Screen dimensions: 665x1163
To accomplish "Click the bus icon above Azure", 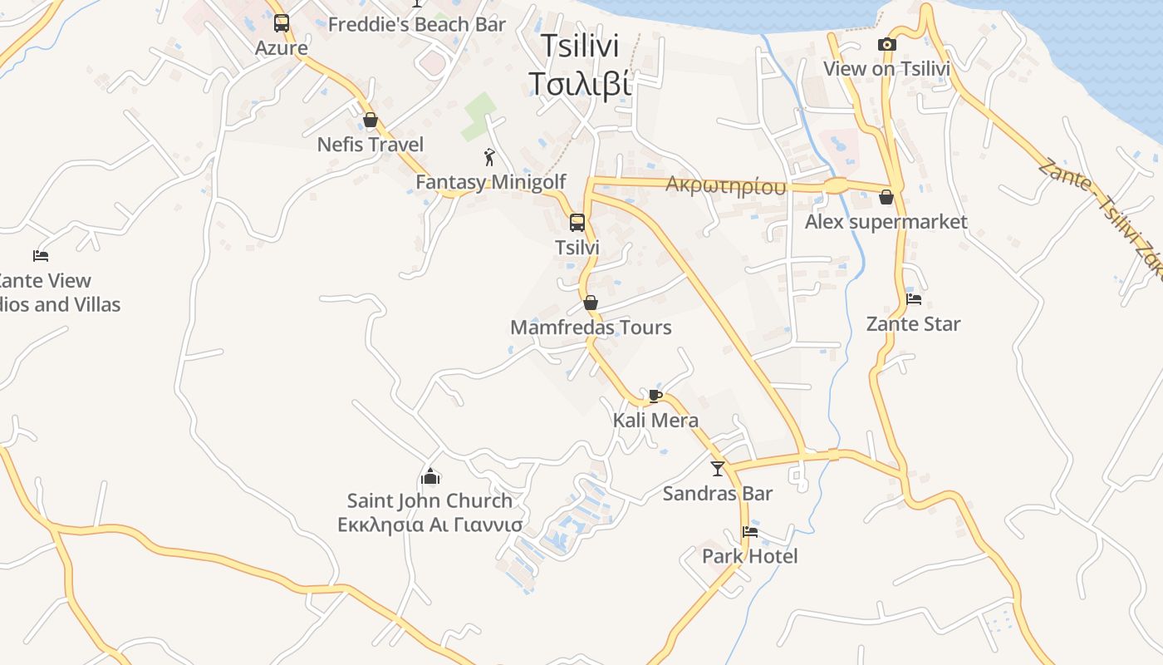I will pyautogui.click(x=282, y=23).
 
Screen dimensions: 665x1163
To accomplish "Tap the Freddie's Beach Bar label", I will pyautogui.click(x=416, y=25).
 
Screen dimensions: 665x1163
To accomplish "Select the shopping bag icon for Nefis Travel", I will pyautogui.click(x=370, y=120).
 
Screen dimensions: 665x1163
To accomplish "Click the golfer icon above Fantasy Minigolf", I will pyautogui.click(x=489, y=156).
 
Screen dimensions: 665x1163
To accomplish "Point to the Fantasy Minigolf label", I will pyautogui.click(x=490, y=182).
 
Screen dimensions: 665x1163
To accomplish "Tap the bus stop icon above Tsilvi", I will pyautogui.click(x=577, y=222).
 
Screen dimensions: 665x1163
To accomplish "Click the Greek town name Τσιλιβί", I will pyautogui.click(x=580, y=84).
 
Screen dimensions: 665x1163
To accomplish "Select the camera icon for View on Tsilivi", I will pyautogui.click(x=886, y=45).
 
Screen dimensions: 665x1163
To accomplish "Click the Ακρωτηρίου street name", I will pyautogui.click(x=725, y=186).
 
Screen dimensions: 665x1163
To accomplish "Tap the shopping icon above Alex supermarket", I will pyautogui.click(x=886, y=197).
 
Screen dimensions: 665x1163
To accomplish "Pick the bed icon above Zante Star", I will pyautogui.click(x=914, y=299).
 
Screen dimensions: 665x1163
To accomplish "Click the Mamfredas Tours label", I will pyautogui.click(x=591, y=328).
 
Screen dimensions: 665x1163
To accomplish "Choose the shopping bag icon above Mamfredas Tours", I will pyautogui.click(x=591, y=303).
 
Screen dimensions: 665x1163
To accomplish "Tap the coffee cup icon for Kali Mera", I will pyautogui.click(x=655, y=396).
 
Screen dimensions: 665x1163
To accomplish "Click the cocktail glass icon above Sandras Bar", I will pyautogui.click(x=718, y=469).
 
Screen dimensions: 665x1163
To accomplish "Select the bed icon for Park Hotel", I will pyautogui.click(x=750, y=532).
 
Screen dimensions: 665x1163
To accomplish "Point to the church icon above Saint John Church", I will pyautogui.click(x=429, y=476).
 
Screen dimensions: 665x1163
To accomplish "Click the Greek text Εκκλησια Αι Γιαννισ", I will pyautogui.click(x=429, y=525).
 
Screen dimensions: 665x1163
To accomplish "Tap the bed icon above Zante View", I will pyautogui.click(x=41, y=256).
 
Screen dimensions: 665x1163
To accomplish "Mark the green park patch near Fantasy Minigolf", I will pyautogui.click(x=478, y=117).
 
